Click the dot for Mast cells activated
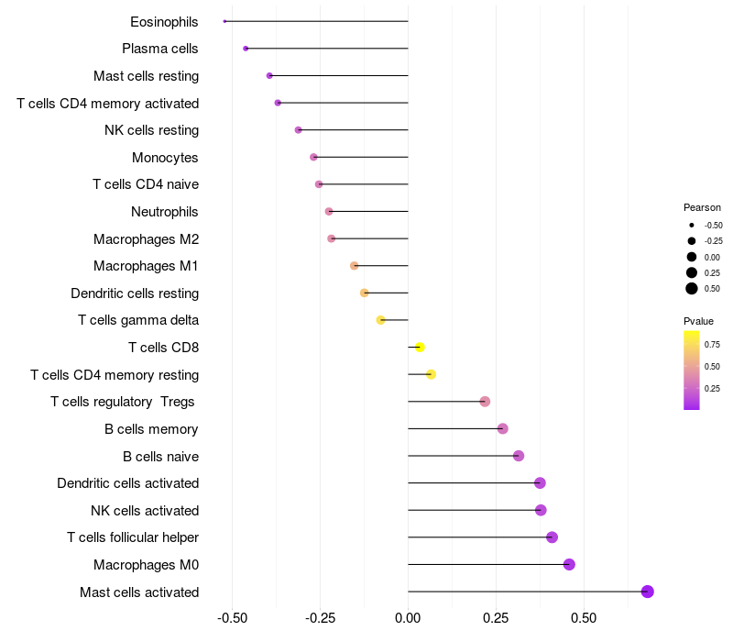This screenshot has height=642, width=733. (x=648, y=592)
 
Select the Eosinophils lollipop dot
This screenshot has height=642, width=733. (x=224, y=21)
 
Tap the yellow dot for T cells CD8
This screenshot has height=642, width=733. (x=420, y=348)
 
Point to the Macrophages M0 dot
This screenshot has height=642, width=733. (x=569, y=565)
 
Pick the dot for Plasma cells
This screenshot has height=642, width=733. (x=246, y=49)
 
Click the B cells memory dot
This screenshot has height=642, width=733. (x=502, y=429)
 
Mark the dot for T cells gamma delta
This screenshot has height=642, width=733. (x=381, y=320)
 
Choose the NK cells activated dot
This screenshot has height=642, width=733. (x=541, y=511)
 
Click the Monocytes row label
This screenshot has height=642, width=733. (x=165, y=158)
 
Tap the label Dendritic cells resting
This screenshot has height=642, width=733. (x=135, y=293)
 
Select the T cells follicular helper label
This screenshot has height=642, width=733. (x=133, y=537)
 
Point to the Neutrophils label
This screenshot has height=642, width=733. (x=165, y=212)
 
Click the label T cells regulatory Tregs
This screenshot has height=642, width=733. (x=125, y=402)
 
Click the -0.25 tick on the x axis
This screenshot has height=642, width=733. (x=320, y=618)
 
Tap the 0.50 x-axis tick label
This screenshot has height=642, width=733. (x=583, y=618)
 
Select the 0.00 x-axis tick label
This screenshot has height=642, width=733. (x=408, y=618)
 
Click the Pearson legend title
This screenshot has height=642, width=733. (x=702, y=207)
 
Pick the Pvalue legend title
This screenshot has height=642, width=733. (x=698, y=321)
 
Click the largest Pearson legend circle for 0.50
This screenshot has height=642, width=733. (x=692, y=289)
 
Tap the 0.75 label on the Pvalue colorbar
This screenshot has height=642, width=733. (x=712, y=345)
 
